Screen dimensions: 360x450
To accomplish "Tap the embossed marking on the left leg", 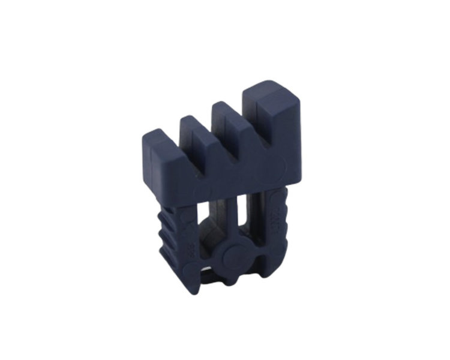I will click(181, 234).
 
